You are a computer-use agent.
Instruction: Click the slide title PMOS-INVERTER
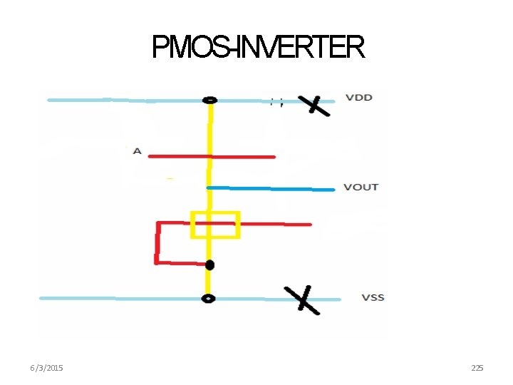tap(258, 48)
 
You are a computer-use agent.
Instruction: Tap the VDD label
tap(359, 97)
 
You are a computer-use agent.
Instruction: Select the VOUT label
tap(361, 187)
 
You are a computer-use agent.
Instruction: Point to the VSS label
tap(373, 297)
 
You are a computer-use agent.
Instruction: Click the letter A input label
tap(137, 151)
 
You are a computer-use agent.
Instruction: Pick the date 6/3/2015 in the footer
tap(46, 367)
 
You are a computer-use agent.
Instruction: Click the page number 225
tap(477, 367)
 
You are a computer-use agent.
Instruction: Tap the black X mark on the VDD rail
tap(313, 105)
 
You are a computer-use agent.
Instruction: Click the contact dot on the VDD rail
tap(209, 101)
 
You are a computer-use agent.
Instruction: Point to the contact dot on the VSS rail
tap(208, 299)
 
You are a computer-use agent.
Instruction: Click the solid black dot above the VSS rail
tap(209, 265)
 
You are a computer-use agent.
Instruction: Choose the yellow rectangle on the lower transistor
tap(214, 225)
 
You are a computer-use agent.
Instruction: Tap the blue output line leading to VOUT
tap(271, 188)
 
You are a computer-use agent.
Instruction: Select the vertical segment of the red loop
tap(157, 242)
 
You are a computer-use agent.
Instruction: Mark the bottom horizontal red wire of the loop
tap(182, 263)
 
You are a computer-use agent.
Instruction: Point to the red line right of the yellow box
tap(275, 224)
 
